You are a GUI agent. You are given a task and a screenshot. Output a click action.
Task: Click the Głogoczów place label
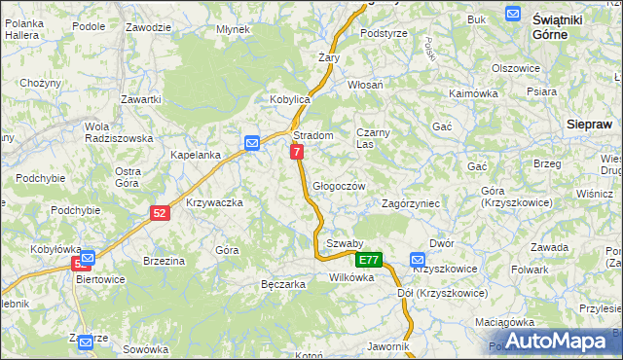[x=339, y=186]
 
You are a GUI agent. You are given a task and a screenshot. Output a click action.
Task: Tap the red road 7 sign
[x=297, y=152]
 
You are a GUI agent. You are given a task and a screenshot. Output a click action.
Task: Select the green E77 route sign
[x=369, y=260]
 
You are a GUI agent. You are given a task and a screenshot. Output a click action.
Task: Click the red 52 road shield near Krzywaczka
[x=161, y=212]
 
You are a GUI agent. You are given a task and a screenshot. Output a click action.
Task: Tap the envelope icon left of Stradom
[x=252, y=143]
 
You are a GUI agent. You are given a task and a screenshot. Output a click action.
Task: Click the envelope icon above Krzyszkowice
[x=418, y=260]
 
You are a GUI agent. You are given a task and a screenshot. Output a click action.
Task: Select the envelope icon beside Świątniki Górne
[x=513, y=13]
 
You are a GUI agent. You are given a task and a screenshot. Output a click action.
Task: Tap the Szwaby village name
[x=345, y=243]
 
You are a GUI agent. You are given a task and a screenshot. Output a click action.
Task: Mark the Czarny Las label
[x=372, y=138]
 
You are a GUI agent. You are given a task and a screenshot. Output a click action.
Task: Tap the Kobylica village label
[x=289, y=100]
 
